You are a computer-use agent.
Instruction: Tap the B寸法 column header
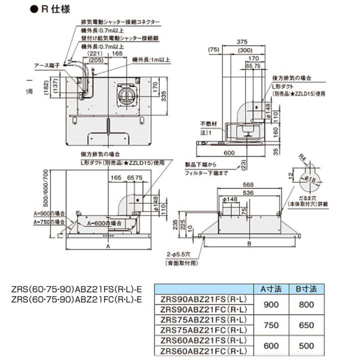(x=306, y=289)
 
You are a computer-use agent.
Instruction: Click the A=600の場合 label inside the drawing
(x=104, y=222)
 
